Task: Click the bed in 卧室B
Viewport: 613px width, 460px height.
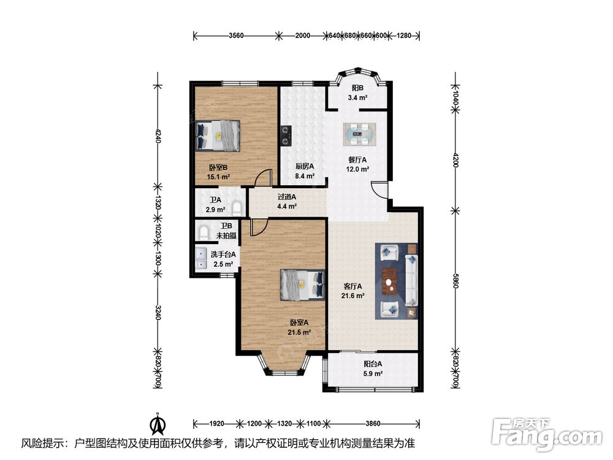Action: pyautogui.click(x=218, y=136)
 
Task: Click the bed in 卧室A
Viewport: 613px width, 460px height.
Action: pyautogui.click(x=303, y=285)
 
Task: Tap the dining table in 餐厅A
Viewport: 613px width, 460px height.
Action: pyautogui.click(x=360, y=134)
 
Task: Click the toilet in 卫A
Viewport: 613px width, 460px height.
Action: pyautogui.click(x=237, y=207)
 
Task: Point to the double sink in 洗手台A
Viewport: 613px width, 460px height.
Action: pyautogui.click(x=201, y=259)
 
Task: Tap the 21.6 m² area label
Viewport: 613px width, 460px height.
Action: pyautogui.click(x=353, y=296)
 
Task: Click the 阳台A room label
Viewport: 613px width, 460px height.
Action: pyautogui.click(x=373, y=364)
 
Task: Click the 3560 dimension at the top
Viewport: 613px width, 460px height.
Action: pyautogui.click(x=236, y=36)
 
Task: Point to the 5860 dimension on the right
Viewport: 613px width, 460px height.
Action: pyautogui.click(x=455, y=281)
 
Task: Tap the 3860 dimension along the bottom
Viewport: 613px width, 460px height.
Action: pyautogui.click(x=373, y=423)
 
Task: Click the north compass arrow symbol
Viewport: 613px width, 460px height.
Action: pyautogui.click(x=158, y=424)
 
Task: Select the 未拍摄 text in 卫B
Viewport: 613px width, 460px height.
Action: pyautogui.click(x=226, y=236)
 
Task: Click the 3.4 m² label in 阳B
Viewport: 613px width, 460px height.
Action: pyautogui.click(x=357, y=98)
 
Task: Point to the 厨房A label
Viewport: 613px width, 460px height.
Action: pyautogui.click(x=305, y=166)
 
